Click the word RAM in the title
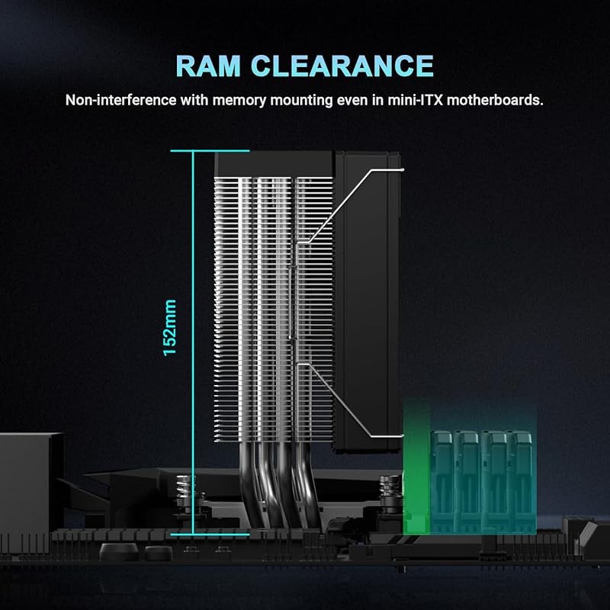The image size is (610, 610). click(x=208, y=66)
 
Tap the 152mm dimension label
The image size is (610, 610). click(x=169, y=328)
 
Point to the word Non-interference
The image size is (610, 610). click(x=120, y=100)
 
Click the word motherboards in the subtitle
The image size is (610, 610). click(x=495, y=100)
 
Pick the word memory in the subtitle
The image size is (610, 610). click(x=239, y=101)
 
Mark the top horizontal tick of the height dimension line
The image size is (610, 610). click(x=210, y=151)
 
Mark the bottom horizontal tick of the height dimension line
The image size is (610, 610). click(x=210, y=535)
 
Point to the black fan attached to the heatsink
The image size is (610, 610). click(x=368, y=302)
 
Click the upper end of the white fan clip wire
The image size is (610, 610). click(x=403, y=169)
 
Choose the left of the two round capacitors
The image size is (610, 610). click(x=119, y=551)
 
